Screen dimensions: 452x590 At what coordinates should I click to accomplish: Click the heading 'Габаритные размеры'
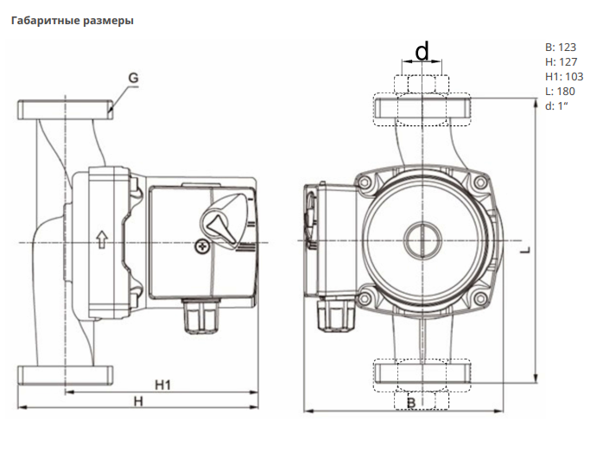(x=72, y=20)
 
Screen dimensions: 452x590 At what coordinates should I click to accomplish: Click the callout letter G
(x=133, y=78)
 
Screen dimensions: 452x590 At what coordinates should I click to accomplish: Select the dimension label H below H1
(x=137, y=401)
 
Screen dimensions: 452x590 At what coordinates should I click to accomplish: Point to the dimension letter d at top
(x=422, y=52)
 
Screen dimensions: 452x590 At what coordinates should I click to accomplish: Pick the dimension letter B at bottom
(x=411, y=403)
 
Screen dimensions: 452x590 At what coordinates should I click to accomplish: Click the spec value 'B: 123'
(x=560, y=48)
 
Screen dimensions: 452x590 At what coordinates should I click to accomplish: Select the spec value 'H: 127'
(x=560, y=62)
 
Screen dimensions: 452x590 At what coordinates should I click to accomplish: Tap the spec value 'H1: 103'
(x=564, y=76)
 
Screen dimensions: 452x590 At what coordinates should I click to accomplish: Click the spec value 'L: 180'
(x=560, y=91)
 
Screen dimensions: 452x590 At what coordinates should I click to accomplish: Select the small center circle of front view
(x=421, y=239)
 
